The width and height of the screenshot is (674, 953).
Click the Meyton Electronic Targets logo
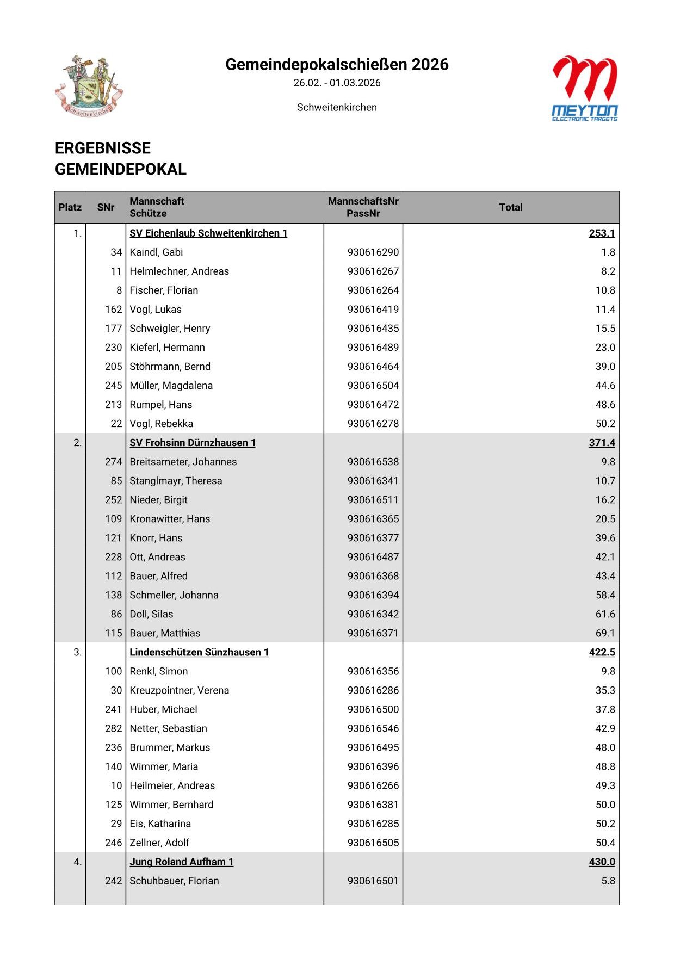click(x=585, y=88)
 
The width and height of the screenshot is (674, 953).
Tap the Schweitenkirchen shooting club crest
click(x=89, y=85)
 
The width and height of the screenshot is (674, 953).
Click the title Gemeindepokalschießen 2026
click(x=337, y=65)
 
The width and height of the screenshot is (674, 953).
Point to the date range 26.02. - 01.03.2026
click(x=337, y=83)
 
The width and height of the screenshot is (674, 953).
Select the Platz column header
click(x=70, y=207)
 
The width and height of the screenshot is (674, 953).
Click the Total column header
click(x=510, y=207)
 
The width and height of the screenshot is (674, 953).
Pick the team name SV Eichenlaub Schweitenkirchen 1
click(x=208, y=233)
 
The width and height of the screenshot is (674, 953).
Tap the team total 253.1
click(x=601, y=233)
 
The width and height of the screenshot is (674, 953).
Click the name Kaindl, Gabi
click(x=156, y=252)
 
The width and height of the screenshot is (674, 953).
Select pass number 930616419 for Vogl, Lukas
click(x=373, y=310)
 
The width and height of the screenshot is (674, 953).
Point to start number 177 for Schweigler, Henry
click(x=113, y=329)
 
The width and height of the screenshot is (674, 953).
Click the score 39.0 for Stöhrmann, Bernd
click(x=605, y=367)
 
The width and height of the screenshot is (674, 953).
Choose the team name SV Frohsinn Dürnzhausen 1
click(x=193, y=443)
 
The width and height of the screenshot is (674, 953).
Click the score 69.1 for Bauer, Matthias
click(x=605, y=633)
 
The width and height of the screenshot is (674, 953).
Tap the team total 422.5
click(x=601, y=652)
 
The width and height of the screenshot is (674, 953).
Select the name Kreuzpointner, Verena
click(x=179, y=690)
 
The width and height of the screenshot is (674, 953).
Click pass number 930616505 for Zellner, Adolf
click(x=373, y=843)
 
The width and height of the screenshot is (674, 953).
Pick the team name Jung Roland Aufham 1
click(x=181, y=862)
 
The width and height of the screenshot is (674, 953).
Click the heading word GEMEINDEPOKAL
click(x=121, y=169)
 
